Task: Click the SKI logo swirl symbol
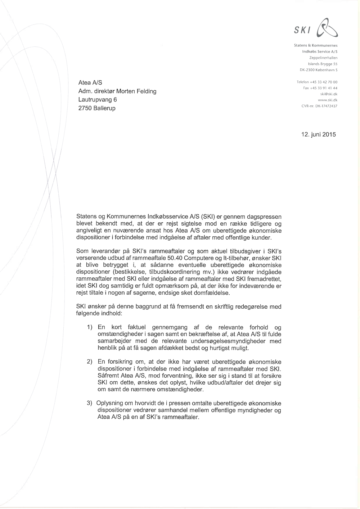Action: point(327,29)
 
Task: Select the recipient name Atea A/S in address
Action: point(90,83)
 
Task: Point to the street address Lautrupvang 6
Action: point(98,100)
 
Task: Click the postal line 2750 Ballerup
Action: point(97,108)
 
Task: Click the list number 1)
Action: point(90,327)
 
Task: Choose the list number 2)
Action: point(90,362)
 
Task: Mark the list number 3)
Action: point(90,403)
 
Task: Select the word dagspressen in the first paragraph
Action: point(259,217)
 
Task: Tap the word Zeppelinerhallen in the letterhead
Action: point(323,58)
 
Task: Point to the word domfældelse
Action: point(211,293)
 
